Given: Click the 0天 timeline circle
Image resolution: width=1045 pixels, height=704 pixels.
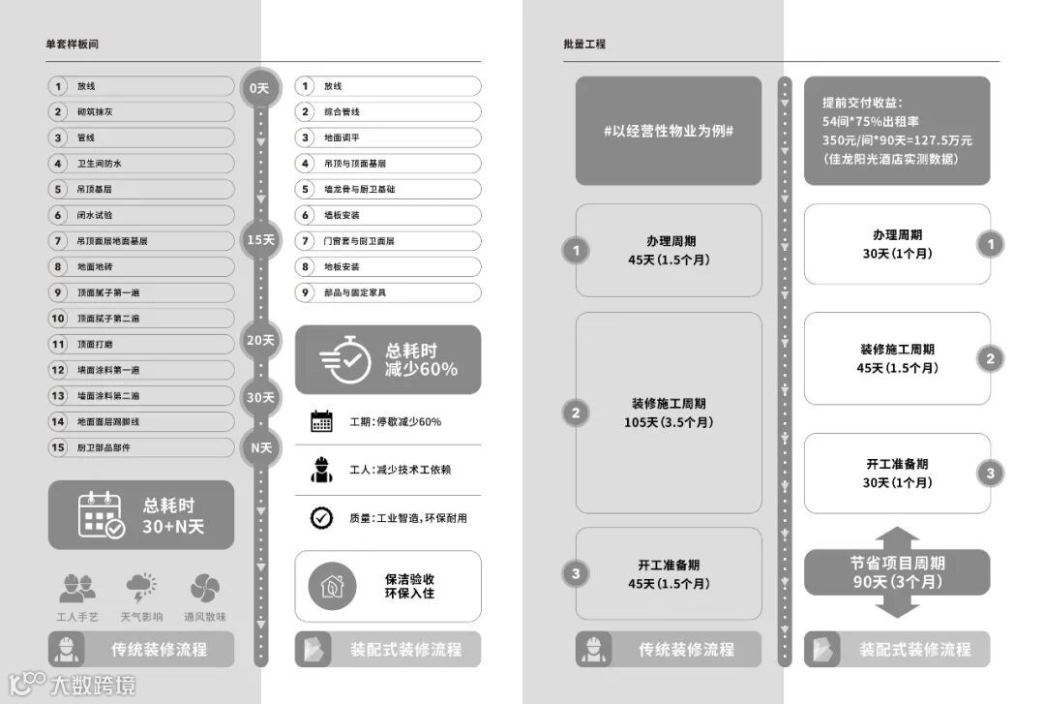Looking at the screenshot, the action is [259, 88].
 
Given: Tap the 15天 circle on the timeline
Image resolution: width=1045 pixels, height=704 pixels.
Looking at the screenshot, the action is [260, 239].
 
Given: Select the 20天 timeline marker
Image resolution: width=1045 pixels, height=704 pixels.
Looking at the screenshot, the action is [260, 340].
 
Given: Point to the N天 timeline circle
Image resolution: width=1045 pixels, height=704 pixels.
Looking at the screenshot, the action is [260, 448].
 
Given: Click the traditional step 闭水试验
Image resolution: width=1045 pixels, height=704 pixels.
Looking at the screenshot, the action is [141, 215].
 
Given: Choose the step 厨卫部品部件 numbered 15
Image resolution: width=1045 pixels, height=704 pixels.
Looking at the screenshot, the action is [141, 447].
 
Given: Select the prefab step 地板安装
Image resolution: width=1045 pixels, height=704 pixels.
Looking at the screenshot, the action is [387, 266].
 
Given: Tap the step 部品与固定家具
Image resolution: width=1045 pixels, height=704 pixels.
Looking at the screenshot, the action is [387, 292].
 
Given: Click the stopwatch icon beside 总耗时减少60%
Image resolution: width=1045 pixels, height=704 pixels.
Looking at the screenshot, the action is [343, 360].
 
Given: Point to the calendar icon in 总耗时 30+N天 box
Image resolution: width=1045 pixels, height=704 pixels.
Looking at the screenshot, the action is [101, 515].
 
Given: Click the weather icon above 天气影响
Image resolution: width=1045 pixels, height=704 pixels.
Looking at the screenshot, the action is [141, 588].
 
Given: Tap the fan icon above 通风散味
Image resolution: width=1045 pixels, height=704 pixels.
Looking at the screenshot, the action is [204, 588].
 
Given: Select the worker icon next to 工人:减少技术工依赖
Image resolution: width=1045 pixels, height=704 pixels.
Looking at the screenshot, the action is [321, 469].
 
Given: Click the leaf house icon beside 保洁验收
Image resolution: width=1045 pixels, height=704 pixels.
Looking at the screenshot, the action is [332, 586].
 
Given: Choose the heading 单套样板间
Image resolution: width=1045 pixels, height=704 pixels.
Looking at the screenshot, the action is [72, 45].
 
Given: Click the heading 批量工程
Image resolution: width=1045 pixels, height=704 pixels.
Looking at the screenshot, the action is [584, 45].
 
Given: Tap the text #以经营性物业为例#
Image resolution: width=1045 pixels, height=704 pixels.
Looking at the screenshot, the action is [668, 131].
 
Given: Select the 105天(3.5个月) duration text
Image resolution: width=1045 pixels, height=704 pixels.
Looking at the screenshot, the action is [668, 422].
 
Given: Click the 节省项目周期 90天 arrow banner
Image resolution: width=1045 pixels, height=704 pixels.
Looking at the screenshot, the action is [897, 573].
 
